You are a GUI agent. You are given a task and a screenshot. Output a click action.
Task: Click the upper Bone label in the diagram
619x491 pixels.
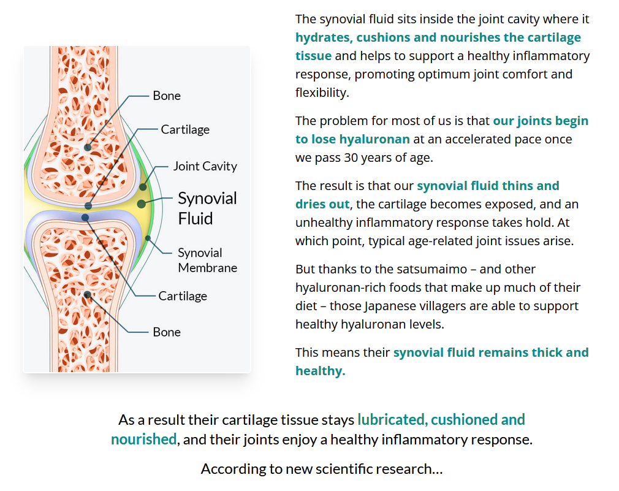[167, 96]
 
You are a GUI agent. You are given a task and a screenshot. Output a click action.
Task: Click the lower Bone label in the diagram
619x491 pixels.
[167, 332]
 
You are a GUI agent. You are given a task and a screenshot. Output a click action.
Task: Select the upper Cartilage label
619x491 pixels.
[185, 129]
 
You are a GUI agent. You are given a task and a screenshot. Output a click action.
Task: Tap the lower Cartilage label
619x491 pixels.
[183, 296]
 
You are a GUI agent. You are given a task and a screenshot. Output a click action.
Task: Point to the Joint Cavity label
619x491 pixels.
[205, 166]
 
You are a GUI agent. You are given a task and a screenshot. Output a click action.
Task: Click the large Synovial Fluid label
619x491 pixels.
[207, 208]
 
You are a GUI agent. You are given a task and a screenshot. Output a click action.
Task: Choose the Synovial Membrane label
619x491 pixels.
[207, 260]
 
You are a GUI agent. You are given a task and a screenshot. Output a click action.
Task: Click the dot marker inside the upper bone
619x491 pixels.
[88, 148]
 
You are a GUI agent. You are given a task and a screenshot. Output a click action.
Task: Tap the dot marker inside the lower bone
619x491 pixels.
[88, 295]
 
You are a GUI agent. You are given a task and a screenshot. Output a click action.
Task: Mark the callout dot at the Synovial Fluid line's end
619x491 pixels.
[142, 203]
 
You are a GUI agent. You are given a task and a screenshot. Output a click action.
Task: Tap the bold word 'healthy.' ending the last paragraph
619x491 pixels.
[320, 371]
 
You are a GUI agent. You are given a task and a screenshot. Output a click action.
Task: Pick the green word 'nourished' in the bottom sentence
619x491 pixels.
[143, 440]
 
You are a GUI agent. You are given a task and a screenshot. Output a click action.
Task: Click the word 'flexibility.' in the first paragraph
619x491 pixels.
[321, 93]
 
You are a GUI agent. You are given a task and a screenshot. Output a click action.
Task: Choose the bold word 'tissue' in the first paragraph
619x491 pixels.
[313, 56]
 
